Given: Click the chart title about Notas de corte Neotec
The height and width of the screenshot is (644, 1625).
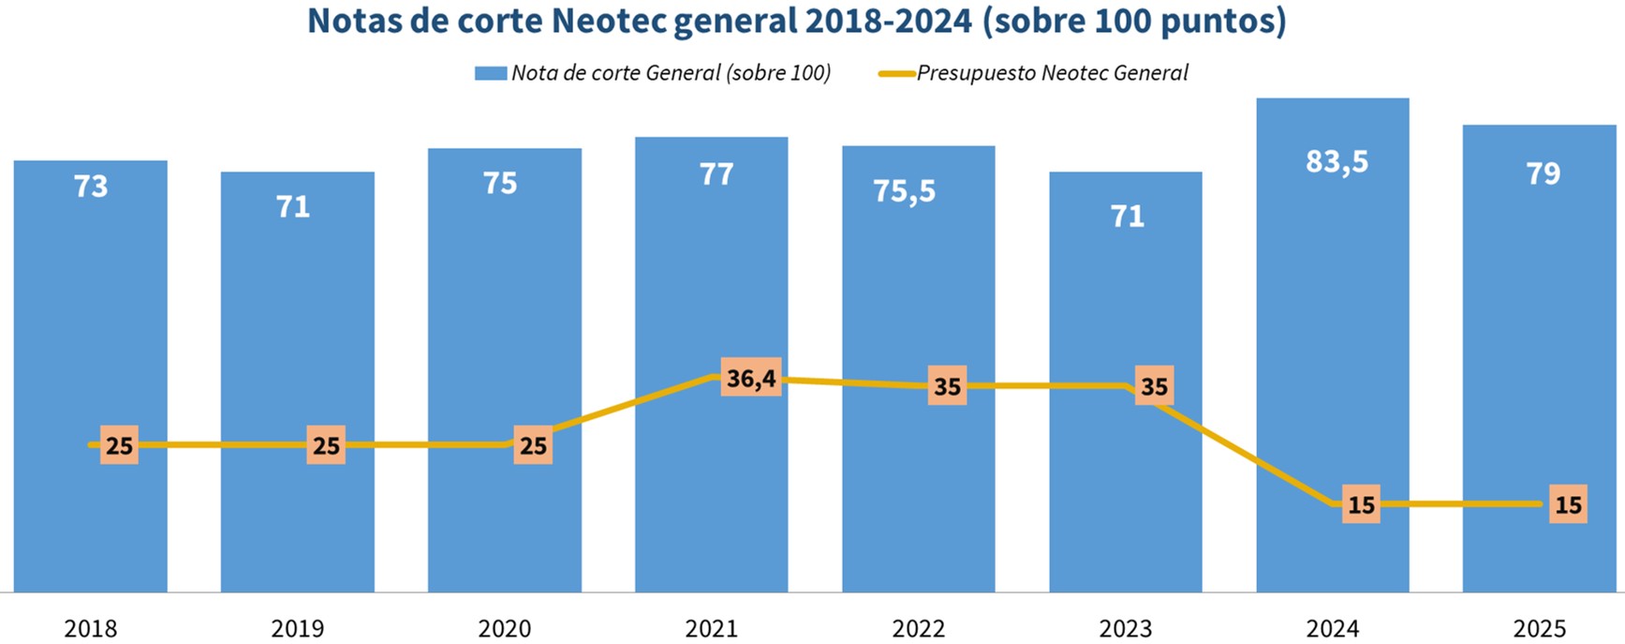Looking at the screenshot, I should (x=797, y=21).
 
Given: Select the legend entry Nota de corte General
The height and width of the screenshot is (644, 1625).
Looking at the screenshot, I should (x=671, y=73).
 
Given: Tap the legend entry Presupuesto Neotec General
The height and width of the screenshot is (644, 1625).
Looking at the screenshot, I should (x=1052, y=73).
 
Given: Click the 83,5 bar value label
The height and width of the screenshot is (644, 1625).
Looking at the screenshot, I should (x=1337, y=161).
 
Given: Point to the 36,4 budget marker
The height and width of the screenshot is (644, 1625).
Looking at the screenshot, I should (x=751, y=378).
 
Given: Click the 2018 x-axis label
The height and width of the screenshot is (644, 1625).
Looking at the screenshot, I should (x=91, y=628).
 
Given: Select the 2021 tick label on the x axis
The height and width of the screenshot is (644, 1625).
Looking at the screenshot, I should (x=711, y=628).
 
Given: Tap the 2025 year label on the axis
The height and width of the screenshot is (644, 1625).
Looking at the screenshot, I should (x=1539, y=628).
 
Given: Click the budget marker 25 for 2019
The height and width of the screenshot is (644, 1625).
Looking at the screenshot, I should (x=326, y=445).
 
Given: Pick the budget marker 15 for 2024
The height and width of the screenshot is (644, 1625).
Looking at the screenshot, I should (x=1361, y=504).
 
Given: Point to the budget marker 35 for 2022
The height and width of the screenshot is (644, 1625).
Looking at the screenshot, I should (x=947, y=386).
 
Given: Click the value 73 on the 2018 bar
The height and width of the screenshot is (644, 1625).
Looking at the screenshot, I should (x=91, y=187).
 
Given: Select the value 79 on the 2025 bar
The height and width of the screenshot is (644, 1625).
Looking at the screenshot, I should (x=1543, y=173).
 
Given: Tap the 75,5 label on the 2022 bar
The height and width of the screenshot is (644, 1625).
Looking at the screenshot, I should (x=904, y=191).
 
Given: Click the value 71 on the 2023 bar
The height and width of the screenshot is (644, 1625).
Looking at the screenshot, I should (x=1127, y=217).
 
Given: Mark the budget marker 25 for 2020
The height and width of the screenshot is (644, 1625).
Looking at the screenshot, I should (x=533, y=445).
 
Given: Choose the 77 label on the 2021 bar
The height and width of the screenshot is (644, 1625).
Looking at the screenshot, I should (x=716, y=174).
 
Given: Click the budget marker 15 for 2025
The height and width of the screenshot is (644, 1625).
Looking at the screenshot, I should (x=1568, y=504).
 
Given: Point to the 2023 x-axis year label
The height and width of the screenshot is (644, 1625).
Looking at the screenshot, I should (x=1125, y=628).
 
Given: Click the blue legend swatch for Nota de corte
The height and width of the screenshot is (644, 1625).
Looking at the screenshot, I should (x=490, y=73).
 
